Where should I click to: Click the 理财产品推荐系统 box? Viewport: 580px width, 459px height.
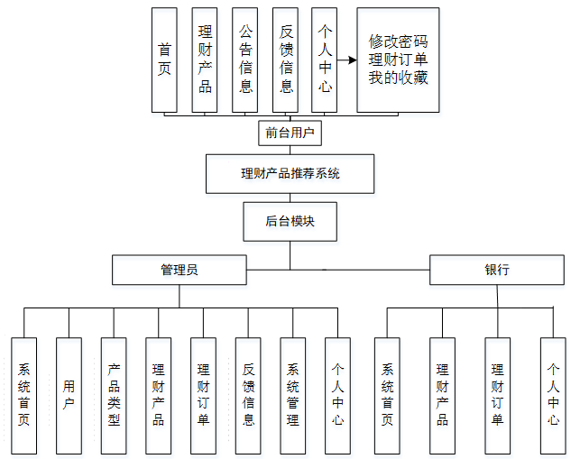pyautogui.click(x=290, y=174)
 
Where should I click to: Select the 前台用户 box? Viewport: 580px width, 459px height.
pyautogui.click(x=290, y=133)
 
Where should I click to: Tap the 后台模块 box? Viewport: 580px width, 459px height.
pyautogui.click(x=290, y=221)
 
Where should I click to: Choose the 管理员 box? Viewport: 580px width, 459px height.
pyautogui.click(x=179, y=270)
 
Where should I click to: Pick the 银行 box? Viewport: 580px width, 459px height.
pyautogui.click(x=497, y=270)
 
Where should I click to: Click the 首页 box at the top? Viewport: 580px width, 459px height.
pyautogui.click(x=164, y=60)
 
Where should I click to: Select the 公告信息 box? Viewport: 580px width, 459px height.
pyautogui.click(x=245, y=60)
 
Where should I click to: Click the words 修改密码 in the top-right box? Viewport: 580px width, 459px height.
pyautogui.click(x=398, y=41)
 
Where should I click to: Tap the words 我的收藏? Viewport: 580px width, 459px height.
pyautogui.click(x=398, y=78)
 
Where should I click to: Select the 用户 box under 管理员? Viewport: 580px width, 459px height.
pyautogui.click(x=69, y=395)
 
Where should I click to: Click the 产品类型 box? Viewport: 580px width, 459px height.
pyautogui.click(x=114, y=395)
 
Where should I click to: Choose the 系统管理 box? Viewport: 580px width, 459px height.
pyautogui.click(x=293, y=395)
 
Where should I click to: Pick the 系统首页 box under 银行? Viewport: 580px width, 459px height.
pyautogui.click(x=387, y=395)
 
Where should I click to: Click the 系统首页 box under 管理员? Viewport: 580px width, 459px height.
pyautogui.click(x=24, y=395)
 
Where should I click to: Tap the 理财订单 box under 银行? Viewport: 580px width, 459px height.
pyautogui.click(x=497, y=395)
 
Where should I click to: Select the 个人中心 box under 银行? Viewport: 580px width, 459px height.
pyautogui.click(x=553, y=395)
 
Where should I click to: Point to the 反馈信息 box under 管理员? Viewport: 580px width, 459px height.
pyautogui.click(x=248, y=395)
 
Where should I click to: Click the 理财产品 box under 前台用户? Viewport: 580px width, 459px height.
pyautogui.click(x=205, y=60)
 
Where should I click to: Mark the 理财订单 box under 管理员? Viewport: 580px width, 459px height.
pyautogui.click(x=203, y=395)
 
